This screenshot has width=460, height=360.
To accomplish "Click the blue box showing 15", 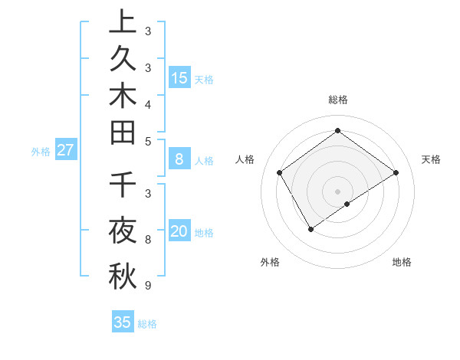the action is [179, 78].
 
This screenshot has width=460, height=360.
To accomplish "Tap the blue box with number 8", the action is [179, 159].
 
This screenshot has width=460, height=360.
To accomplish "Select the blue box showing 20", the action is [179, 231].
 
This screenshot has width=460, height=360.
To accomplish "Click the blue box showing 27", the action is [65, 150].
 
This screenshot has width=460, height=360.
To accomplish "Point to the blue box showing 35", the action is [123, 322].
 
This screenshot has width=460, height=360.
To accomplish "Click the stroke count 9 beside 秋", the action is [147, 286].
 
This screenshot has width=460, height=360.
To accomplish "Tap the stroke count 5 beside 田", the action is [147, 141].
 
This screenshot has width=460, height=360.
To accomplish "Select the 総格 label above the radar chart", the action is [337, 100].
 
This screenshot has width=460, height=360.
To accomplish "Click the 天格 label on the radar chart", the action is [431, 159].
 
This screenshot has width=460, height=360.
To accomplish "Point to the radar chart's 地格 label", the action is [402, 262].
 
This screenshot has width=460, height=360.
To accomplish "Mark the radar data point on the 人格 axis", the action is [280, 172].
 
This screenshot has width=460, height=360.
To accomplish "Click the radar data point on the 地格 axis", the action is [347, 204].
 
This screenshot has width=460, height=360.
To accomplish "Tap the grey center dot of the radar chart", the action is [337, 191].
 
